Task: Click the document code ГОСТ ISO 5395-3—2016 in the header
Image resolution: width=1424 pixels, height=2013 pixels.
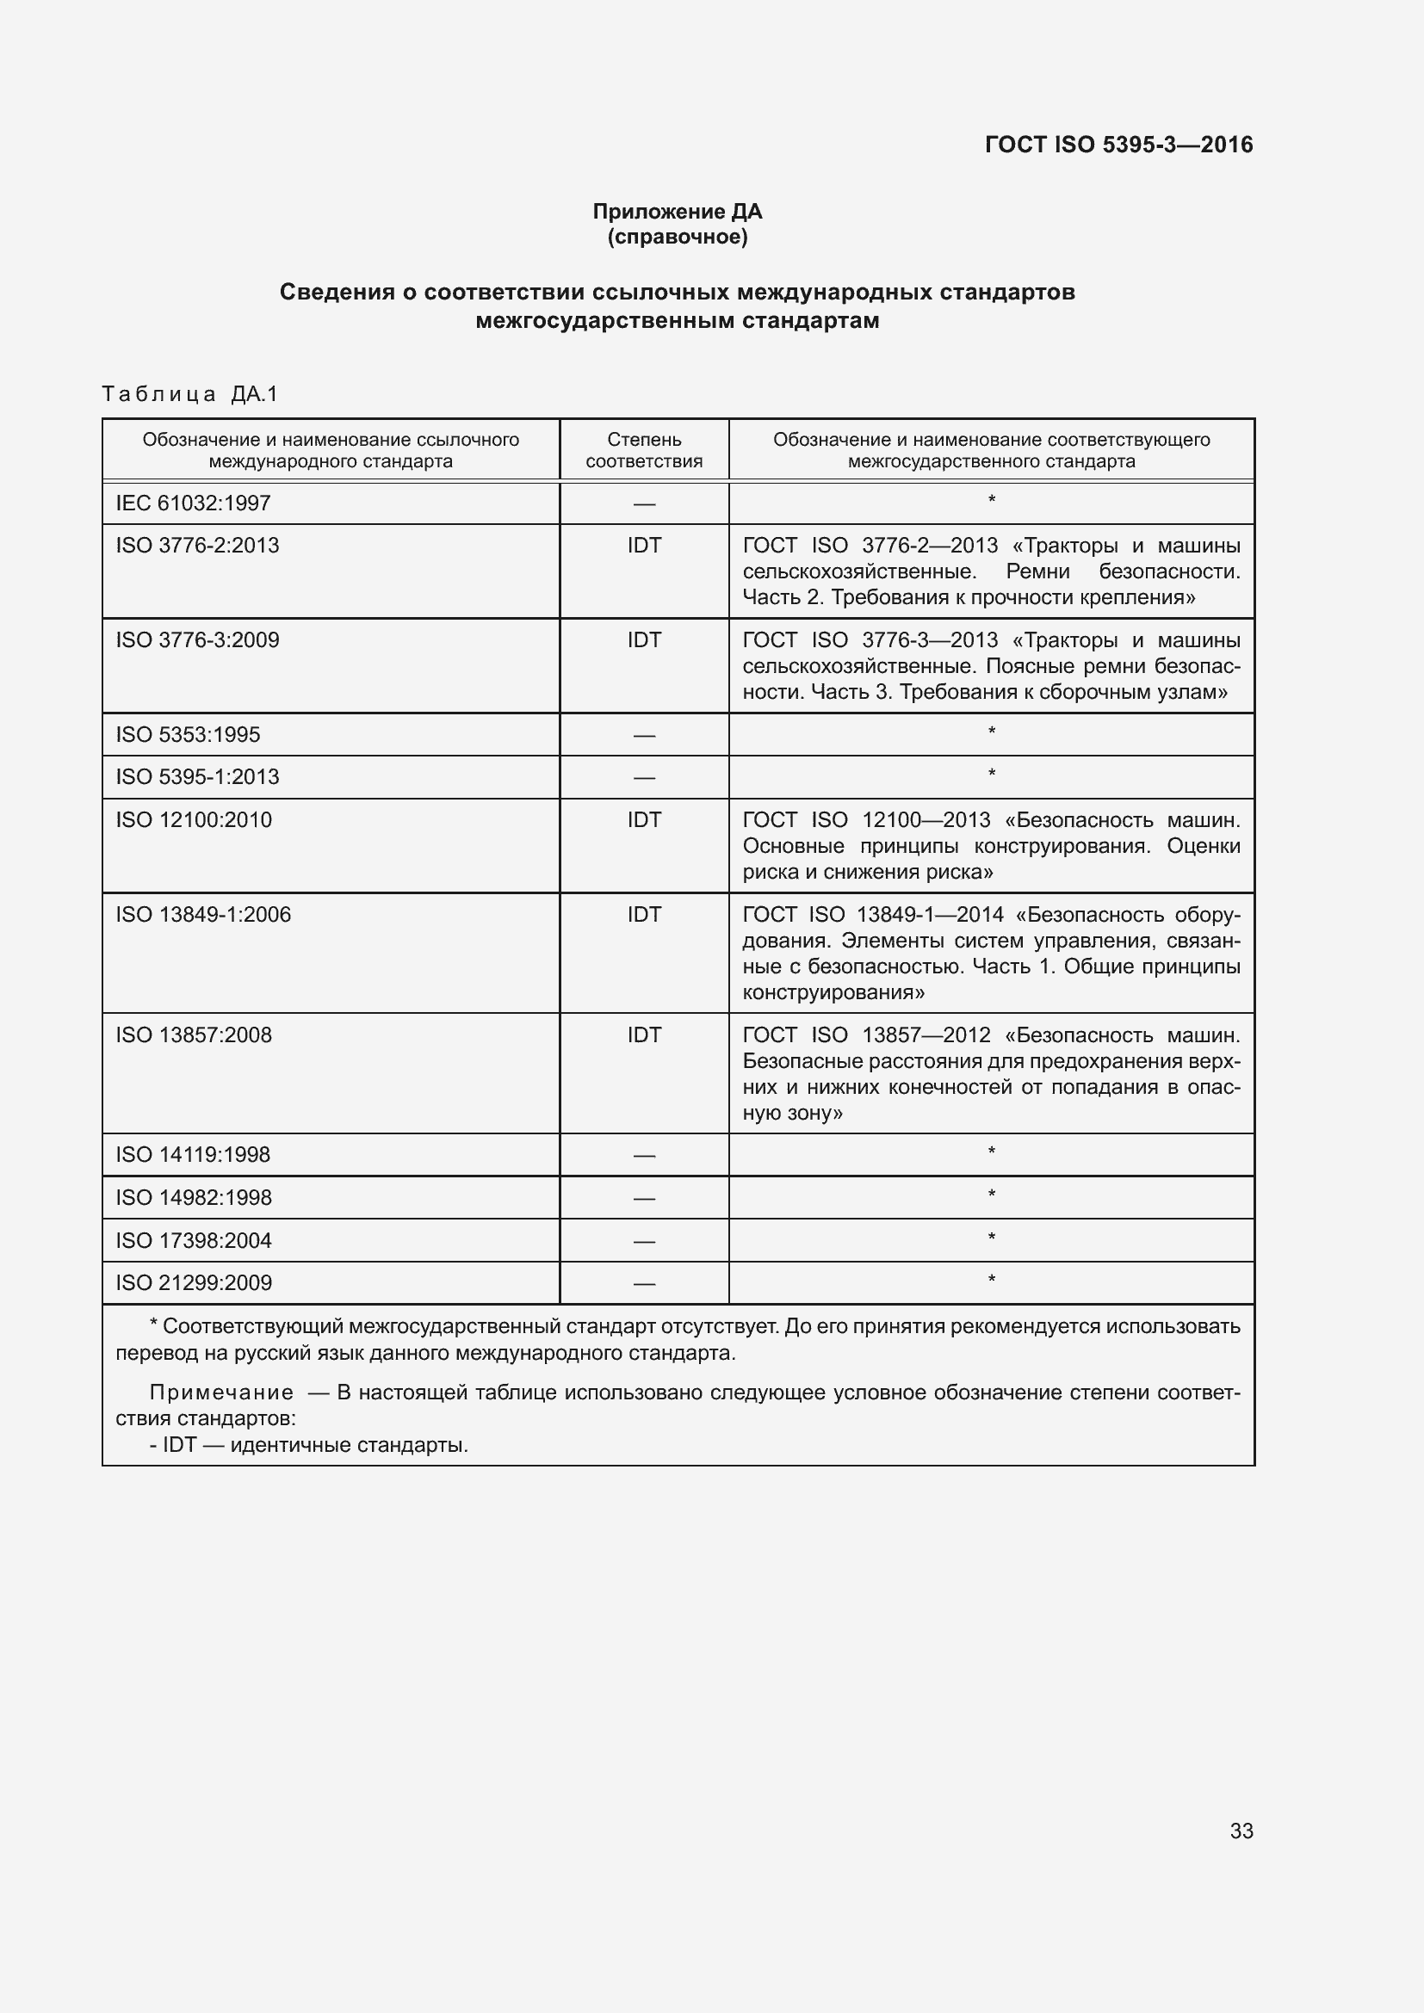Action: point(1119,145)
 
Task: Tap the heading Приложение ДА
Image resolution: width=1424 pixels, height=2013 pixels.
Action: point(677,212)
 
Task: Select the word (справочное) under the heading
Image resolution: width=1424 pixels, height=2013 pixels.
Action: point(677,237)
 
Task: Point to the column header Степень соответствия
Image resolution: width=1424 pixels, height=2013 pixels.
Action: point(644,450)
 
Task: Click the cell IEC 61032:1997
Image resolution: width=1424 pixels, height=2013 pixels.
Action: point(193,503)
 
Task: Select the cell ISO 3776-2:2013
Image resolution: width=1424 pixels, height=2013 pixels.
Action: point(197,546)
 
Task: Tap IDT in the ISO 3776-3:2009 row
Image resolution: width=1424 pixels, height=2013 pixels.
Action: point(644,640)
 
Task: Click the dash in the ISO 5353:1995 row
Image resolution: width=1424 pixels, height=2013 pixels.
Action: point(644,736)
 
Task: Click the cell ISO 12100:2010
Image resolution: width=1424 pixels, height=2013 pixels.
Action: point(194,820)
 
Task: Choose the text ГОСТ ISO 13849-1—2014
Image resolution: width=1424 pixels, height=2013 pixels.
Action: point(872,915)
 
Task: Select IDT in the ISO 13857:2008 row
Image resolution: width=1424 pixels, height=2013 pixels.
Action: point(644,1034)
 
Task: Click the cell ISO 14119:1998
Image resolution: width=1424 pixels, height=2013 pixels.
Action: point(193,1155)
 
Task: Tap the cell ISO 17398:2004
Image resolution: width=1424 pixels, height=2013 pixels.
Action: point(194,1241)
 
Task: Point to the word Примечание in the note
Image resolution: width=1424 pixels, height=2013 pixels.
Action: point(221,1392)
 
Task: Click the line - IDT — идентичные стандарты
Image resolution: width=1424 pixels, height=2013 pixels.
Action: point(309,1444)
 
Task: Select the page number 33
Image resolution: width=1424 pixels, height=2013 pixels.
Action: point(1241,1831)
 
